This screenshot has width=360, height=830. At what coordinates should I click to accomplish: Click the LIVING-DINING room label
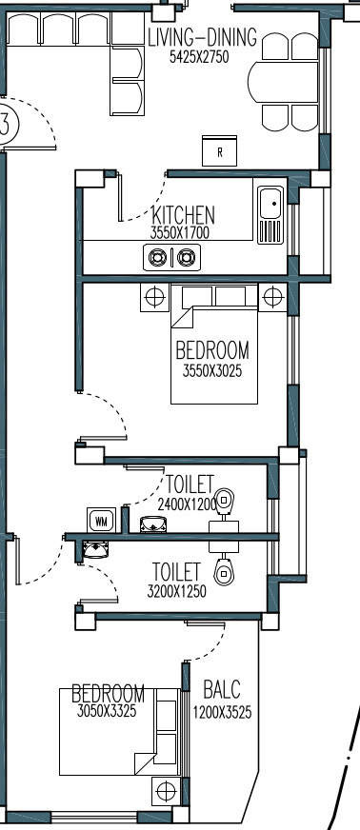click(x=202, y=38)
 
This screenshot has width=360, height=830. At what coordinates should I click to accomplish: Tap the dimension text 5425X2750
click(x=199, y=57)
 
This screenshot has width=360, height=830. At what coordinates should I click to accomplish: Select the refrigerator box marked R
click(x=220, y=150)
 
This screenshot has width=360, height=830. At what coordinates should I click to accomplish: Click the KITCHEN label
click(x=183, y=215)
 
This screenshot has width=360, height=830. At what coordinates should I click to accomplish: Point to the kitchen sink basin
click(x=271, y=203)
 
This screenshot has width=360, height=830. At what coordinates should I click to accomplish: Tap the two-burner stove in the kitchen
click(x=172, y=258)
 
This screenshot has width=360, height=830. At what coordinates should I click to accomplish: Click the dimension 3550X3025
click(x=212, y=371)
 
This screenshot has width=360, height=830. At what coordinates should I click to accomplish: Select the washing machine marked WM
click(x=101, y=521)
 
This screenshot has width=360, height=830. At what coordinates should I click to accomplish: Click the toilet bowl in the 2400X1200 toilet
click(x=225, y=502)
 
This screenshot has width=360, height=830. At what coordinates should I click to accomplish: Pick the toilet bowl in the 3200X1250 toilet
click(x=224, y=571)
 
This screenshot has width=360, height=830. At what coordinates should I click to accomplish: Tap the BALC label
click(x=222, y=690)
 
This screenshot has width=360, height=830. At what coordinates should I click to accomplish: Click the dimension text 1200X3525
click(x=222, y=713)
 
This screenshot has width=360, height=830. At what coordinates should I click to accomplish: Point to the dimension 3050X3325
click(x=107, y=711)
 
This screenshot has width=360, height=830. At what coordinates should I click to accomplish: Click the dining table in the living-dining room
click(x=283, y=82)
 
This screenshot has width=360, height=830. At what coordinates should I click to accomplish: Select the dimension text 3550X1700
click(x=180, y=233)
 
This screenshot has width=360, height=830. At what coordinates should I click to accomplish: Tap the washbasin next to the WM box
click(x=153, y=524)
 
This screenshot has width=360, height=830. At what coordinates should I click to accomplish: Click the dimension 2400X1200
click(x=188, y=505)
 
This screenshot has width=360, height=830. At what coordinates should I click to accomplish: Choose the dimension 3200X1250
click(x=177, y=592)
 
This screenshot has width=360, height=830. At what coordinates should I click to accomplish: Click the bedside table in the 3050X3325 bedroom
click(x=166, y=791)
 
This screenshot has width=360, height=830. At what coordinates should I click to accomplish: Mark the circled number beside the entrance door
click(x=7, y=124)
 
